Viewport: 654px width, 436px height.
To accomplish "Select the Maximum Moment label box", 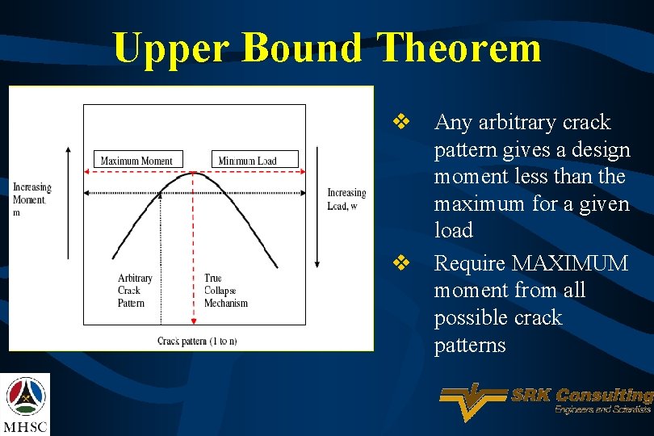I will coord(138,160).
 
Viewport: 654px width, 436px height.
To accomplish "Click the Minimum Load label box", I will coord(254,160).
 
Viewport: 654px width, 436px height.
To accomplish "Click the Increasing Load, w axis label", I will coord(346,199).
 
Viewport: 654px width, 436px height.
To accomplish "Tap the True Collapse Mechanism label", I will coord(225,291).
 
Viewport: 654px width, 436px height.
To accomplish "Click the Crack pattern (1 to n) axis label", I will coord(197,341).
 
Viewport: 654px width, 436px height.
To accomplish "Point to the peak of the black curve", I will coord(192,173).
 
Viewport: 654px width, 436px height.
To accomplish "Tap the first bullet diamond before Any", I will coord(400,123).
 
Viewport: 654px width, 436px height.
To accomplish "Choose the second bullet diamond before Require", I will coord(400,263).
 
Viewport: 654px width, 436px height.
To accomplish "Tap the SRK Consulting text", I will coord(581,395).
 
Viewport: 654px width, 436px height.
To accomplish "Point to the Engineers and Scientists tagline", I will coord(602,410).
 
